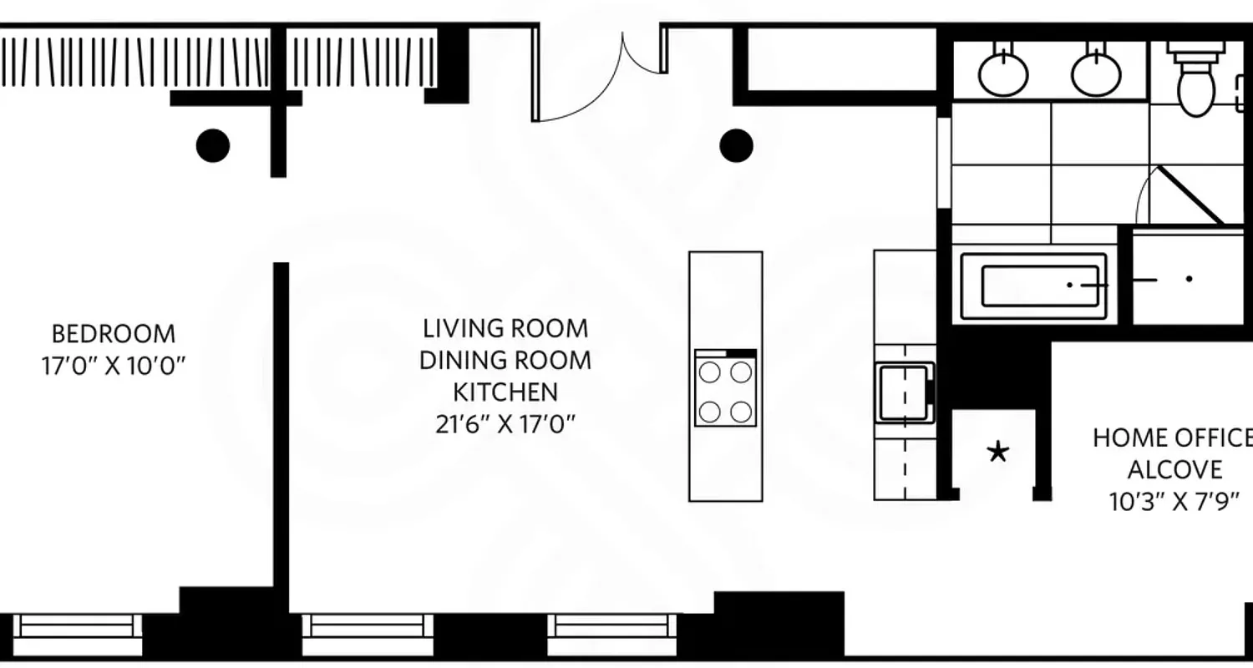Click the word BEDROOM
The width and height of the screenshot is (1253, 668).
[x=114, y=334]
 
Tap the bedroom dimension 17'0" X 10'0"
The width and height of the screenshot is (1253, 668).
[x=114, y=367]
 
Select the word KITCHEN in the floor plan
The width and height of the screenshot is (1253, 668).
[x=505, y=392]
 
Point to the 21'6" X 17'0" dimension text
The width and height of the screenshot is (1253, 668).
[x=505, y=424]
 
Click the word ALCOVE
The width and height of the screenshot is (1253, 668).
[x=1174, y=469]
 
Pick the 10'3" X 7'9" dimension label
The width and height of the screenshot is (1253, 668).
[x=1174, y=502]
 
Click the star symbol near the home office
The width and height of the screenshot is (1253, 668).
[x=997, y=453]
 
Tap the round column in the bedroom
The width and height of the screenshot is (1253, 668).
[x=213, y=145]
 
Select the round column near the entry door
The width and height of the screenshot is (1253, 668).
[x=736, y=145]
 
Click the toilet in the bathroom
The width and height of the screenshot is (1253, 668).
[x=1196, y=83]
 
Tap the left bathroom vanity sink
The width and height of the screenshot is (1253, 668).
[x=1002, y=73]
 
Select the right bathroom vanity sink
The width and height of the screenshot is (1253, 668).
[x=1096, y=73]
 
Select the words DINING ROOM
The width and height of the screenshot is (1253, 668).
[x=505, y=360]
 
